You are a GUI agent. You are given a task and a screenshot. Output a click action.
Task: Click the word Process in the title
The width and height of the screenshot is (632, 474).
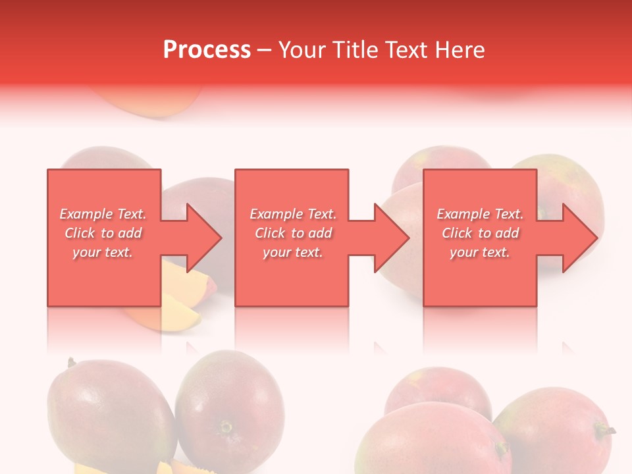[x=207, y=50]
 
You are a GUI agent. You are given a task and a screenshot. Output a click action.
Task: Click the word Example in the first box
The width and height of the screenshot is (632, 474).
[x=86, y=214]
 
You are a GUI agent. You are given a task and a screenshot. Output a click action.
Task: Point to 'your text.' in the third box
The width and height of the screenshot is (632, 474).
[x=480, y=252]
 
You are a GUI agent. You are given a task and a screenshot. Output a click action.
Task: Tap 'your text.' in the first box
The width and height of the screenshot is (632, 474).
[x=103, y=252]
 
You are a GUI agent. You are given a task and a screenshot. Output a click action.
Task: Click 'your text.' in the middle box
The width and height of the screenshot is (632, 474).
[x=293, y=252]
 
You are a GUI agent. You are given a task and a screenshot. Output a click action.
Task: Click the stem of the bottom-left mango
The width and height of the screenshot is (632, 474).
[x=70, y=362]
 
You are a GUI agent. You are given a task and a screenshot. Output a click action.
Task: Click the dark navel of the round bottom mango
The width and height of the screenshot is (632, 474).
[x=226, y=427]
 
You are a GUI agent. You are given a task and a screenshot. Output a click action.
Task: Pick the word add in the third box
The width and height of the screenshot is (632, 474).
[x=508, y=233]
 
